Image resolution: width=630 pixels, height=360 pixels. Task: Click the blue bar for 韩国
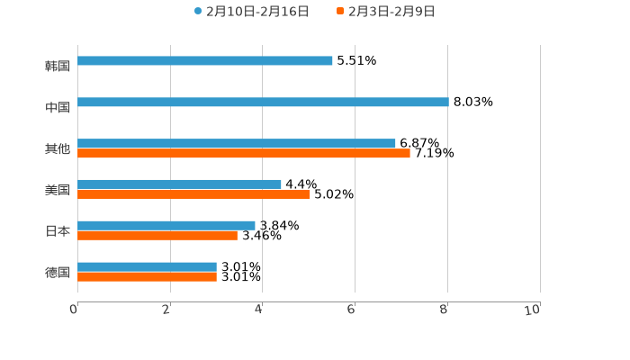coord(205,61)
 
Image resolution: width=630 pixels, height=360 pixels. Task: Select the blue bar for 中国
coord(263,103)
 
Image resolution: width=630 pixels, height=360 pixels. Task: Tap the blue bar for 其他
coord(237,144)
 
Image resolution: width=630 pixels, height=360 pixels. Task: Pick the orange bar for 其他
coord(244,154)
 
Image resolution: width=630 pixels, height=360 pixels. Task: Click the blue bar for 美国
coord(180,184)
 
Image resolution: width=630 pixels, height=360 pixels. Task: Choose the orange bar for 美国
coord(193,194)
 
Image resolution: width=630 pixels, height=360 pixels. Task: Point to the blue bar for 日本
coord(166,226)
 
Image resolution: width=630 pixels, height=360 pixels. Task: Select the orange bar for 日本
coord(157,236)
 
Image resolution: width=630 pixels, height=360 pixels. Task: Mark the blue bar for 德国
coord(148,267)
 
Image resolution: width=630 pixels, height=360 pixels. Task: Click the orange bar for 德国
coord(148,277)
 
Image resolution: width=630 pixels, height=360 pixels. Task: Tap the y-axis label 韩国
coord(58,67)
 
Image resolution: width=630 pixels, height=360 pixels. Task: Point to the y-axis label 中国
coord(58,108)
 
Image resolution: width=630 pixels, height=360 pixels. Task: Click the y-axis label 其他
coord(58,149)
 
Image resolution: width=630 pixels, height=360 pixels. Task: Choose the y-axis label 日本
coord(58,231)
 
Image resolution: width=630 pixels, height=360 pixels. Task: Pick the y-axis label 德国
coord(58,273)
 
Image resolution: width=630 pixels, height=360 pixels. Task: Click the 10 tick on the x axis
coord(533,310)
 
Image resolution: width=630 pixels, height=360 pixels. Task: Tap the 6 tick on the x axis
coord(351,310)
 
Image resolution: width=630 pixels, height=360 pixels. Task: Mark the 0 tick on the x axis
coord(74,310)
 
